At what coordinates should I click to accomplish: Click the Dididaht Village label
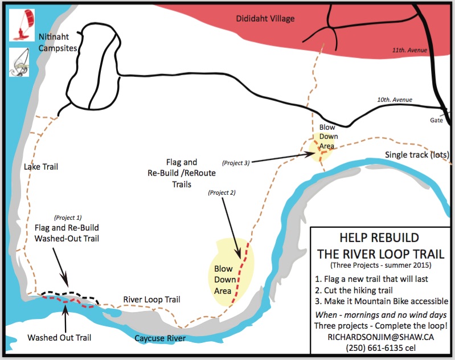[265, 19]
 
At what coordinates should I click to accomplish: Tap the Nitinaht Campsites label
[58, 42]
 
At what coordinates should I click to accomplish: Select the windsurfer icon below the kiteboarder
[22, 62]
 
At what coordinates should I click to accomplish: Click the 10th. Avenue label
[394, 101]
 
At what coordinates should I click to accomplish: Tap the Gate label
[437, 120]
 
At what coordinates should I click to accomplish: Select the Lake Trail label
[41, 167]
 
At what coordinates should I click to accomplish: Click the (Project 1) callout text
[68, 217]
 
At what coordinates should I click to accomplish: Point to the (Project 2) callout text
[222, 192]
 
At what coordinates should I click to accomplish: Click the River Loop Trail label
[152, 300]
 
